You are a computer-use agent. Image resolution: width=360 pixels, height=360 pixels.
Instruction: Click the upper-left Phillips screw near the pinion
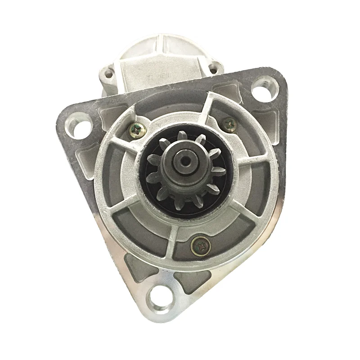136,129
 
